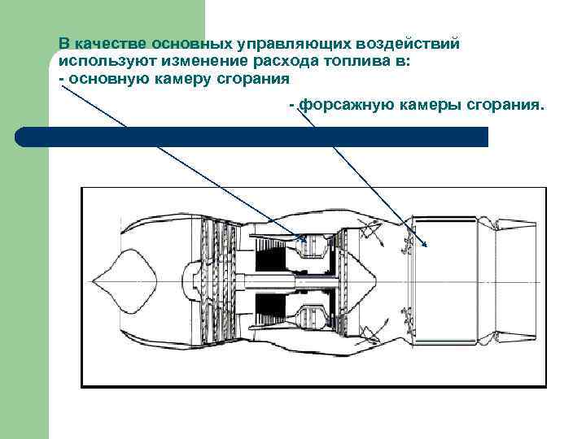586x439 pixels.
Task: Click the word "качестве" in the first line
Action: tap(105, 43)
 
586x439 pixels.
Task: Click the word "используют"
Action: tap(100, 61)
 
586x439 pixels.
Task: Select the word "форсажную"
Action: tap(348, 106)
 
